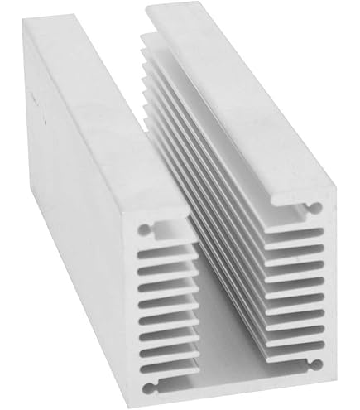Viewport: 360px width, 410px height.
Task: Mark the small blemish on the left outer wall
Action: [x=35, y=98]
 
